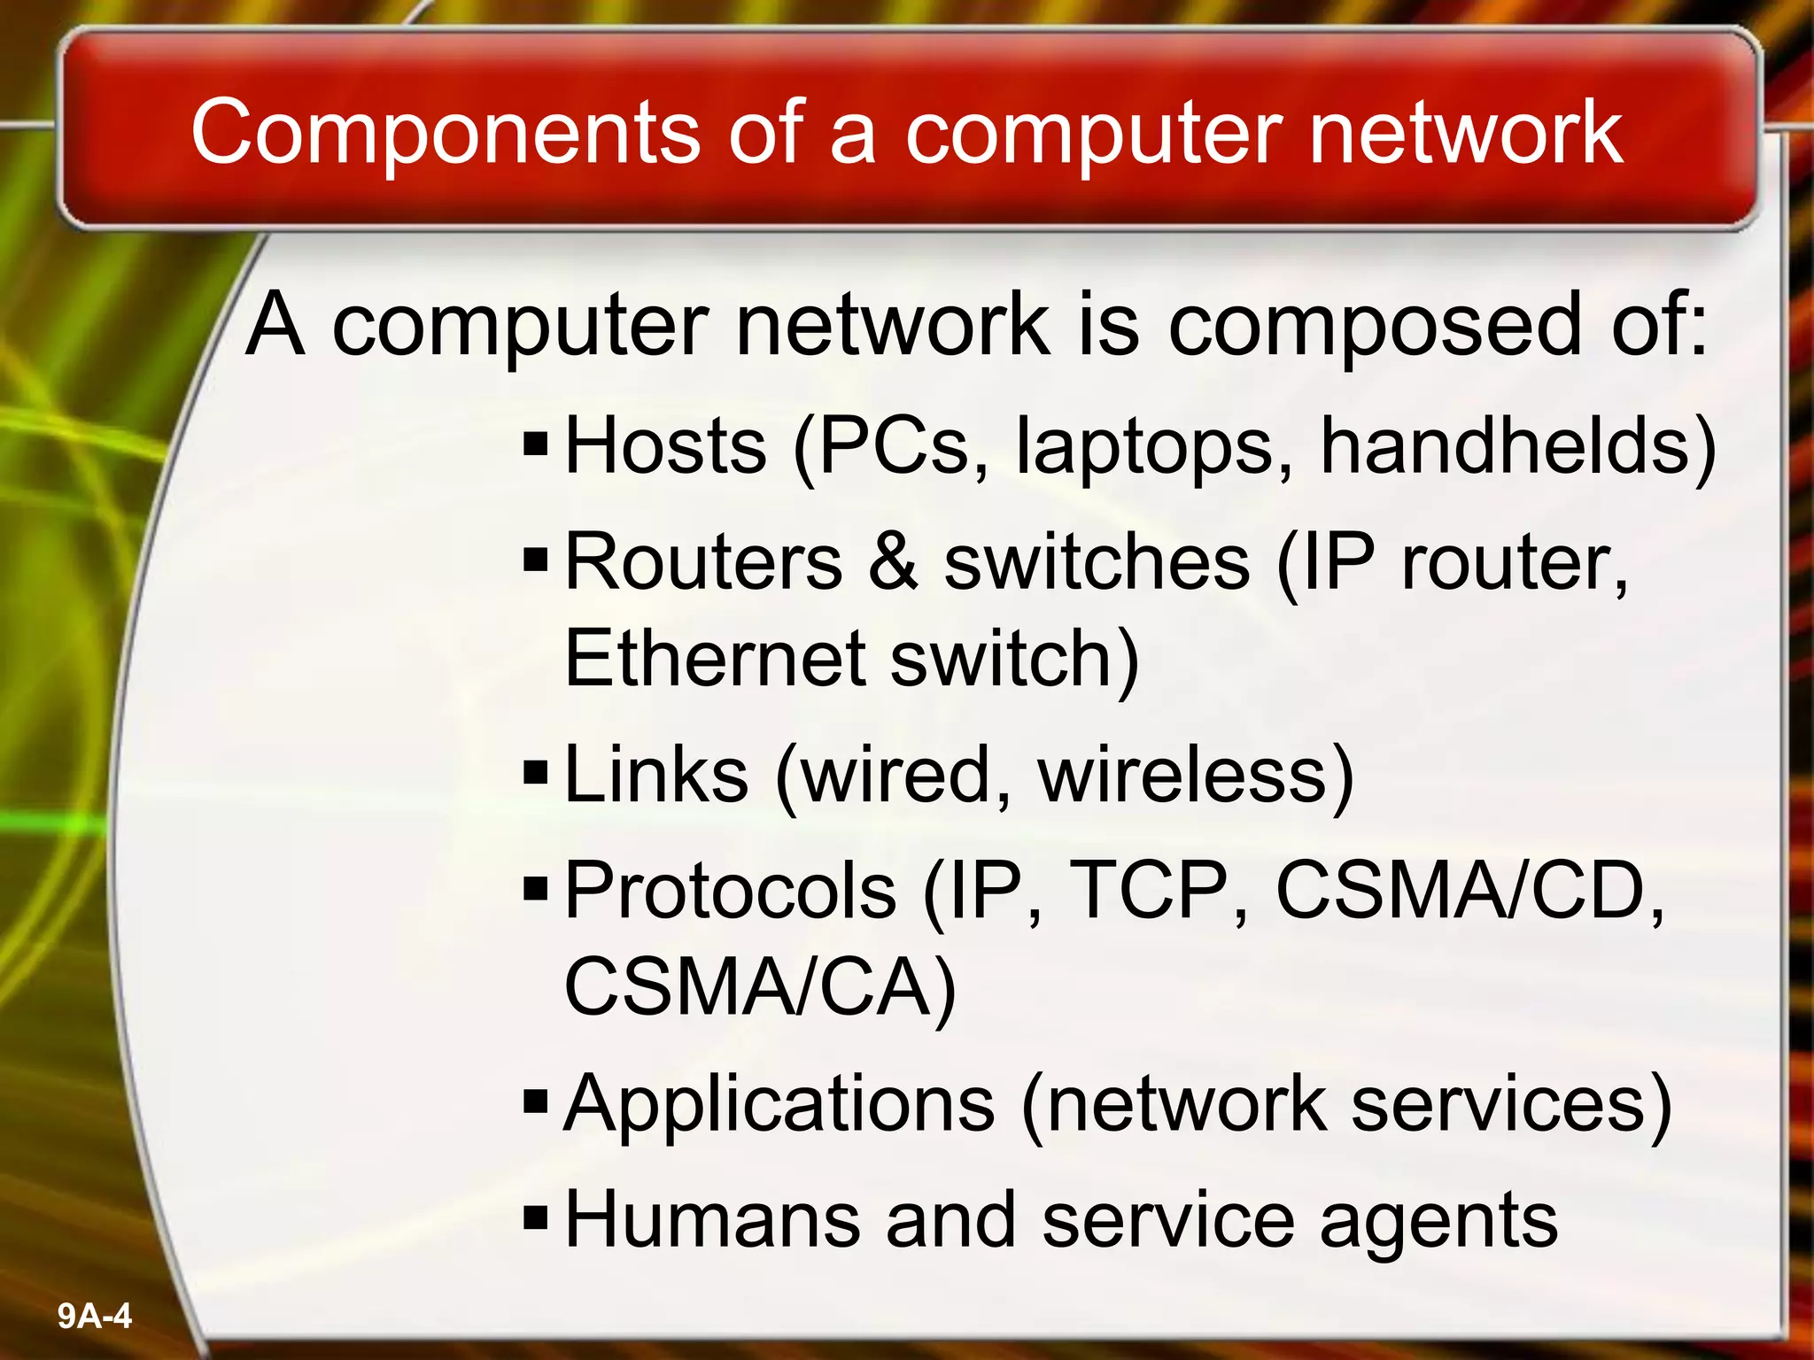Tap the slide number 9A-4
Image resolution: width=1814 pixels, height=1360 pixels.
[95, 1316]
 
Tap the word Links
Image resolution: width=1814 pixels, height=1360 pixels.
[655, 774]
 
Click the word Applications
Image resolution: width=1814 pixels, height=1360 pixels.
[779, 1104]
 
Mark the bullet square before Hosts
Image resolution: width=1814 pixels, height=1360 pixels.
[537, 442]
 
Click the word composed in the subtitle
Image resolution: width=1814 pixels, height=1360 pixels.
[1374, 328]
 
